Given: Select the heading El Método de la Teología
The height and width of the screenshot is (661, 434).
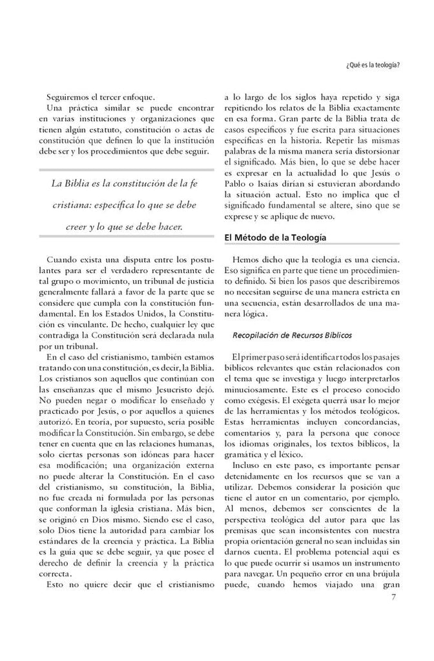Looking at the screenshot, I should (274, 238).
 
